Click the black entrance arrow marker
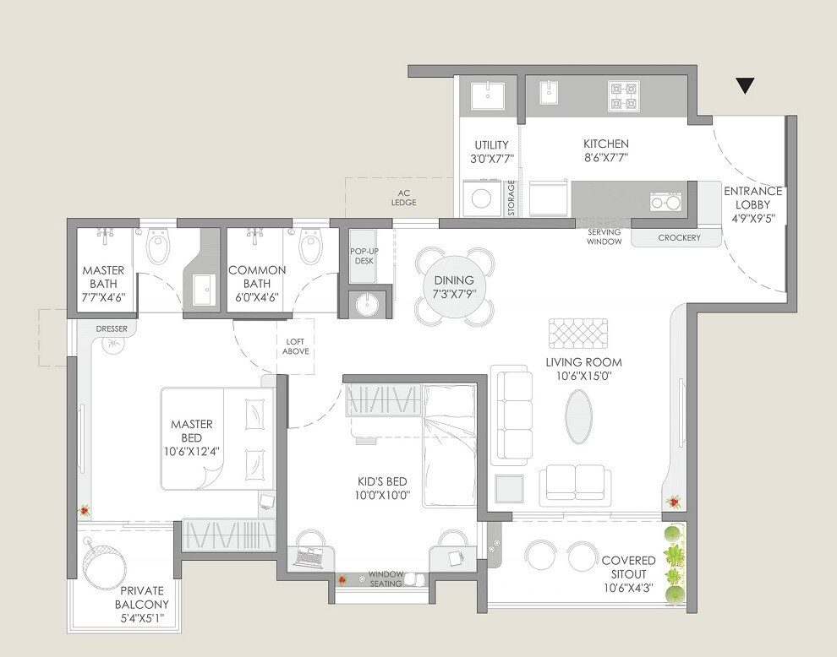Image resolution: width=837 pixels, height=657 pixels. pyautogui.click(x=744, y=84)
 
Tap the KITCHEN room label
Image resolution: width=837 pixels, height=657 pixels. pyautogui.click(x=605, y=144)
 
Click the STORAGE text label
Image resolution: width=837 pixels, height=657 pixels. pyautogui.click(x=511, y=198)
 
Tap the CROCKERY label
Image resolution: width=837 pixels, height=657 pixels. pyautogui.click(x=679, y=238)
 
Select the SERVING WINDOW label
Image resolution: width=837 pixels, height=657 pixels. pyautogui.click(x=604, y=237)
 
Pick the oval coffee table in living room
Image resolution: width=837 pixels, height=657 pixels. pyautogui.click(x=578, y=416)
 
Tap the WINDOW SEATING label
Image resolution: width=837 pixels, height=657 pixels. pyautogui.click(x=386, y=579)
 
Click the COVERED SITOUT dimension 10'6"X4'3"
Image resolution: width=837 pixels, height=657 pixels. pyautogui.click(x=629, y=589)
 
